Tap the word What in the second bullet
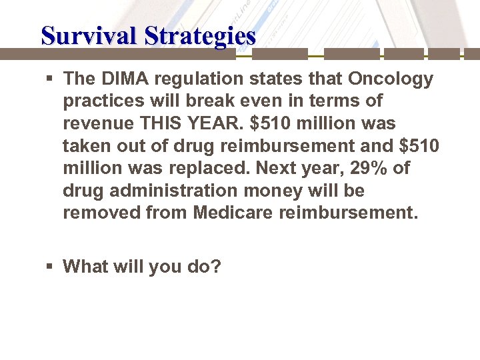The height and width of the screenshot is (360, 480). pos(85,267)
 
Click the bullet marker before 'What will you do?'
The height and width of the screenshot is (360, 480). pos(49,267)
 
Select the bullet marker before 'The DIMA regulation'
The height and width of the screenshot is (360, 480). pos(49,79)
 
